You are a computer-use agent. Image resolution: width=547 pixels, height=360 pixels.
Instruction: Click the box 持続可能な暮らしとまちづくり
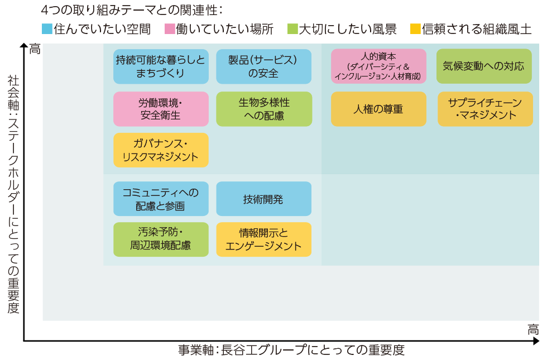pyautogui.click(x=161, y=66)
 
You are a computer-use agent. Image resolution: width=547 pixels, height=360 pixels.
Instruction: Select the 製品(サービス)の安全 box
pyautogui.click(x=263, y=66)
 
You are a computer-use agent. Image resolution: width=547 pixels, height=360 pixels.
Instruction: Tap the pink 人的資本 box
pyautogui.click(x=378, y=66)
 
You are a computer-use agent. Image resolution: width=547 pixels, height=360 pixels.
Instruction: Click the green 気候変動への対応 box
pyautogui.click(x=484, y=66)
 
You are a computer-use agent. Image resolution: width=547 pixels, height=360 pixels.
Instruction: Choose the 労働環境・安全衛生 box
pyautogui.click(x=161, y=109)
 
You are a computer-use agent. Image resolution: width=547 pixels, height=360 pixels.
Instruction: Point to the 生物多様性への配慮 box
pyautogui.click(x=264, y=109)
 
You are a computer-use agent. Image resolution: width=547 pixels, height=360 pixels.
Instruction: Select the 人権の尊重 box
pyautogui.click(x=378, y=109)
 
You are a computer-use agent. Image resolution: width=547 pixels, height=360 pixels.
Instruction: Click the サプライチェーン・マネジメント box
pyautogui.click(x=485, y=109)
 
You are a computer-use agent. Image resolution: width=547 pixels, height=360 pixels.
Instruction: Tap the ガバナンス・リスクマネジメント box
pyautogui.click(x=161, y=150)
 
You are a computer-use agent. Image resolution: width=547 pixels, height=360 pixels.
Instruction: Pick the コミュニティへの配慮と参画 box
pyautogui.click(x=161, y=199)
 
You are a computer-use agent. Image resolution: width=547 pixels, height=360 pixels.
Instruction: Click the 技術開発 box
pyautogui.click(x=263, y=199)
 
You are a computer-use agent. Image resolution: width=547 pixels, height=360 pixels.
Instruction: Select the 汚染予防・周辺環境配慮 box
pyautogui.click(x=161, y=239)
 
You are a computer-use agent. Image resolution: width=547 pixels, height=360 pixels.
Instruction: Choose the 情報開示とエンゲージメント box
pyautogui.click(x=263, y=239)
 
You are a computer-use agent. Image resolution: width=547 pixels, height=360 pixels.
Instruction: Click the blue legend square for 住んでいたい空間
pyautogui.click(x=47, y=29)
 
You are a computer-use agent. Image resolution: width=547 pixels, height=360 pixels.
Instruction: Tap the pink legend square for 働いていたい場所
pyautogui.click(x=170, y=29)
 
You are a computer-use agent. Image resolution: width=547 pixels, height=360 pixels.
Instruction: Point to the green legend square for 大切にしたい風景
pyautogui.click(x=292, y=29)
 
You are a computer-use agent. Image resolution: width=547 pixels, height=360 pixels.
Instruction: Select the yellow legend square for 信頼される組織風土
pyautogui.click(x=415, y=29)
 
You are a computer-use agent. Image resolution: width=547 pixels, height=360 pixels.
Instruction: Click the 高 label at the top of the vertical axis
pyautogui.click(x=35, y=49)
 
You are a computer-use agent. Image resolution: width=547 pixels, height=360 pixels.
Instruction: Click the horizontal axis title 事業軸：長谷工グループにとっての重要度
pyautogui.click(x=291, y=350)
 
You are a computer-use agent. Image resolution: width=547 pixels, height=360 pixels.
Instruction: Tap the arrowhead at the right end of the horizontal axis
pyautogui.click(x=536, y=341)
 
